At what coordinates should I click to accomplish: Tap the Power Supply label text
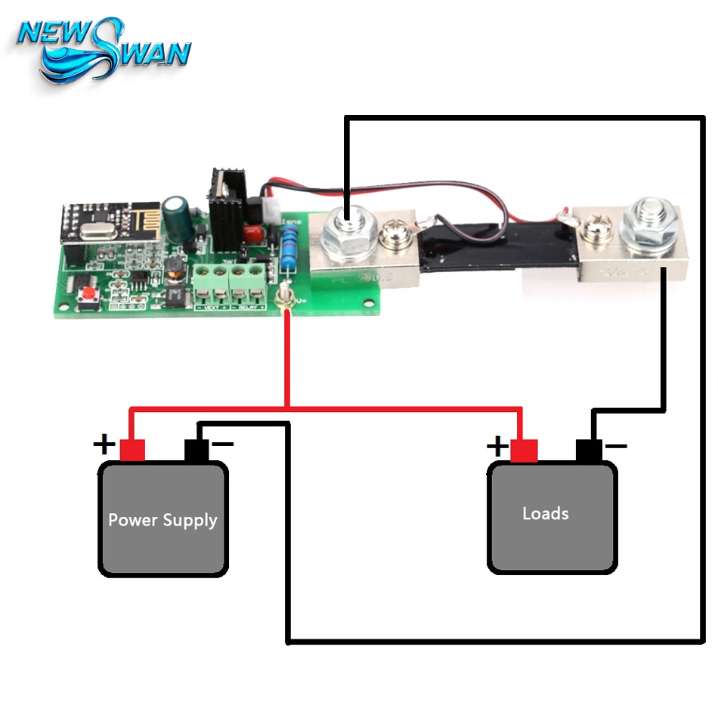[162, 520]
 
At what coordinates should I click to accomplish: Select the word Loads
[545, 513]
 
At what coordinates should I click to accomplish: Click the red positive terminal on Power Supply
[132, 450]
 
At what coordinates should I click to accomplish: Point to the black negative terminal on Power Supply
[197, 451]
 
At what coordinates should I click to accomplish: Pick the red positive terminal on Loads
[524, 450]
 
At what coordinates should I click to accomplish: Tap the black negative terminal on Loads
[589, 450]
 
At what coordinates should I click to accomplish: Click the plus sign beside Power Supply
[104, 444]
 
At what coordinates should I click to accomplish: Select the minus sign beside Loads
[616, 446]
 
